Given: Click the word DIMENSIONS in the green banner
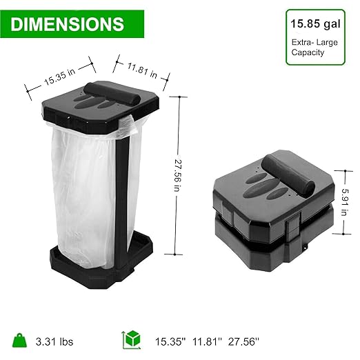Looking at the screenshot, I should (x=67, y=25).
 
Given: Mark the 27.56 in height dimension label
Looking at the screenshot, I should (x=179, y=179).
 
